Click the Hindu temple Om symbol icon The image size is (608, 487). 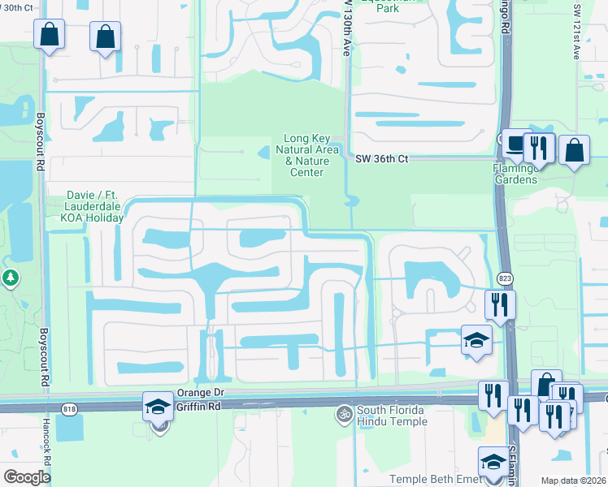[345, 414]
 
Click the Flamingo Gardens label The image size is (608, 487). [515, 174]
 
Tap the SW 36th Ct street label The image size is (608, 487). [381, 159]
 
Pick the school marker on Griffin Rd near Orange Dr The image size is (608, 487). [157, 406]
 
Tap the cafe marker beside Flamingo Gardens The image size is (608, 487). [515, 144]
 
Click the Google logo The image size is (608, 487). [27, 477]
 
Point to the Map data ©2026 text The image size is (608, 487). [572, 481]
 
